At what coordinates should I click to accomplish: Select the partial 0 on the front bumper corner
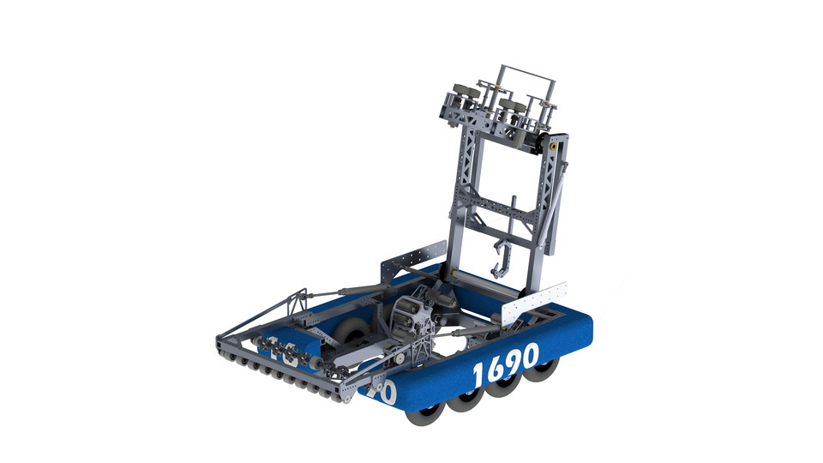385,393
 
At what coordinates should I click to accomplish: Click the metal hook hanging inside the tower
502,257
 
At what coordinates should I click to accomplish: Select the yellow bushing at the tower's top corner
554,147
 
